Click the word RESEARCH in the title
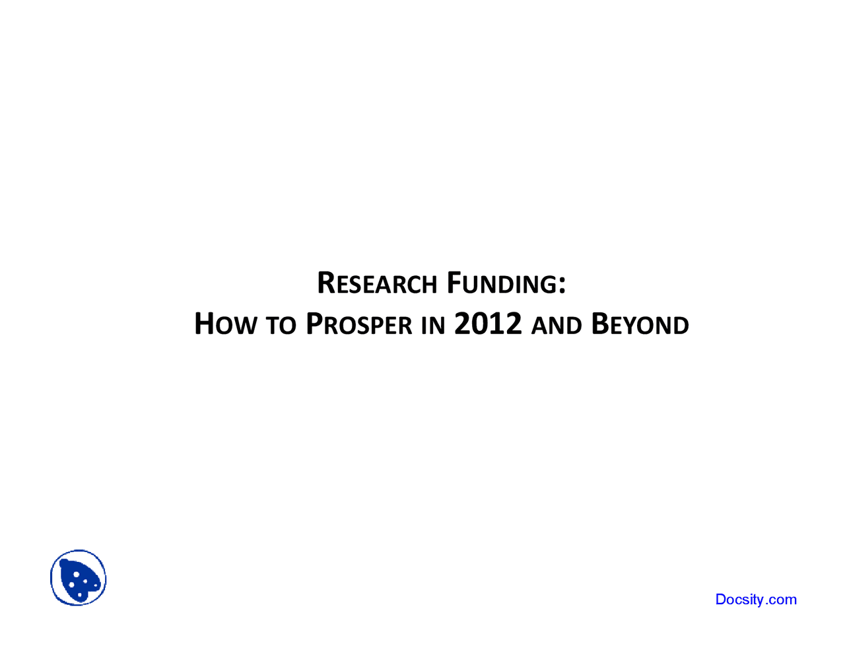tap(377, 283)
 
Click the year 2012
tap(488, 324)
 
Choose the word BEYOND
tap(640, 324)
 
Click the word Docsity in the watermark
tap(739, 600)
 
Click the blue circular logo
tap(79, 578)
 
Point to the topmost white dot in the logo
tap(76, 574)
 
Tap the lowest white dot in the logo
tap(80, 595)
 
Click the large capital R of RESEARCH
tap(327, 283)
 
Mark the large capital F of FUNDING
tap(454, 283)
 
